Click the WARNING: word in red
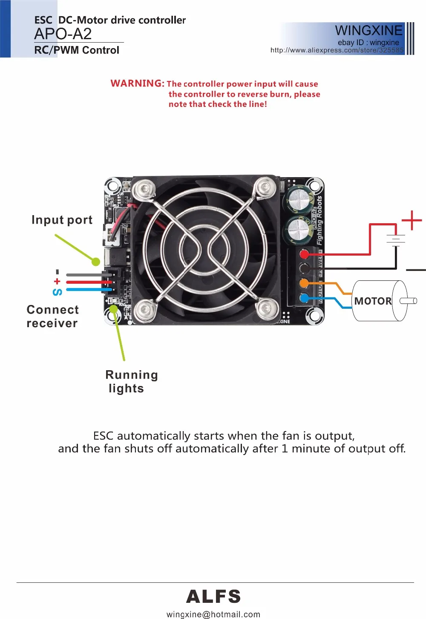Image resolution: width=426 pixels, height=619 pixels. pyautogui.click(x=137, y=83)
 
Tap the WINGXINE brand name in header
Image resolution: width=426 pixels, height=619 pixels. pyautogui.click(x=368, y=30)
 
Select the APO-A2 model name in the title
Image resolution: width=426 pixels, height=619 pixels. pyautogui.click(x=63, y=34)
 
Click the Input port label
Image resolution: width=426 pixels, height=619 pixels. pyautogui.click(x=62, y=220)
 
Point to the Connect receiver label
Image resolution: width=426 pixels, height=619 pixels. pyautogui.click(x=52, y=317)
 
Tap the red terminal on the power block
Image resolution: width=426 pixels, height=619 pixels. pyautogui.click(x=304, y=255)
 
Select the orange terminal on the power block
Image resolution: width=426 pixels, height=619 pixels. pyautogui.click(x=304, y=283)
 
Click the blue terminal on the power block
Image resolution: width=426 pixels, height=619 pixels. pyautogui.click(x=304, y=298)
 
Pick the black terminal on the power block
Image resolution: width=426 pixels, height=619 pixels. pyautogui.click(x=304, y=269)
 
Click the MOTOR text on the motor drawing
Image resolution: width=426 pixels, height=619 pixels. pyautogui.click(x=373, y=301)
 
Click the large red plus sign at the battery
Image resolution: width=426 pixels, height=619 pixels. pyautogui.click(x=412, y=220)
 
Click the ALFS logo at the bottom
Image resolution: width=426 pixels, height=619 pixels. pyautogui.click(x=213, y=596)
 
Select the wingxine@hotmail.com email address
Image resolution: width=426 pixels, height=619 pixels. pyautogui.click(x=213, y=614)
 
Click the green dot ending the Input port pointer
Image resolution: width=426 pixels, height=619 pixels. pyautogui.click(x=96, y=262)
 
